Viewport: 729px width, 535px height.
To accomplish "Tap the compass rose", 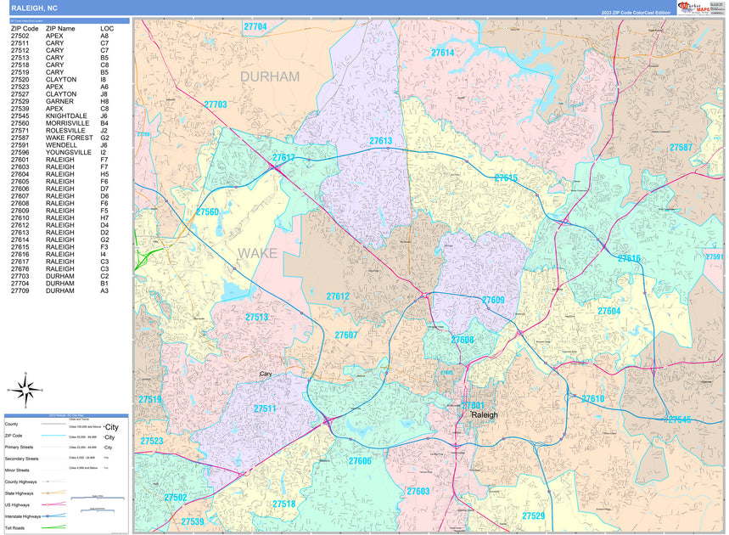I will tap(25, 391).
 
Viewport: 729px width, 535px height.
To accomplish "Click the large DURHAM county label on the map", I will tap(270, 76).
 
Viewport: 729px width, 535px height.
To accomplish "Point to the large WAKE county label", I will tap(257, 253).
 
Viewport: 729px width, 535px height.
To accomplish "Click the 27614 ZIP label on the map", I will tap(442, 53).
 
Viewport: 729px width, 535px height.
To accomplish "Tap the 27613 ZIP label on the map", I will tap(380, 141).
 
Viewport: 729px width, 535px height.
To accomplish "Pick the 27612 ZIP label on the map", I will tap(337, 296).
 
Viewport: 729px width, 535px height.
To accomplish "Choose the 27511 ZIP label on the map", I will tap(265, 408).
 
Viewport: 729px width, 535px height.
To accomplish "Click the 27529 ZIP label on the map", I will tap(534, 515).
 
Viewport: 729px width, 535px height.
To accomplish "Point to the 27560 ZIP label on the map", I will tap(207, 211).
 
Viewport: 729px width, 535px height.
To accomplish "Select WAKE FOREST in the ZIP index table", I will tap(69, 138).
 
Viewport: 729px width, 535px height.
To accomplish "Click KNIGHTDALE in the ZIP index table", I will tap(66, 115).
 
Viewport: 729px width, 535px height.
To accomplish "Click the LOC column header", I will tap(106, 29).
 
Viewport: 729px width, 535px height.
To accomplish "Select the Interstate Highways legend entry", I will tap(22, 515).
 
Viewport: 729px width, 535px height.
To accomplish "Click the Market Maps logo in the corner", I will tap(699, 8).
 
